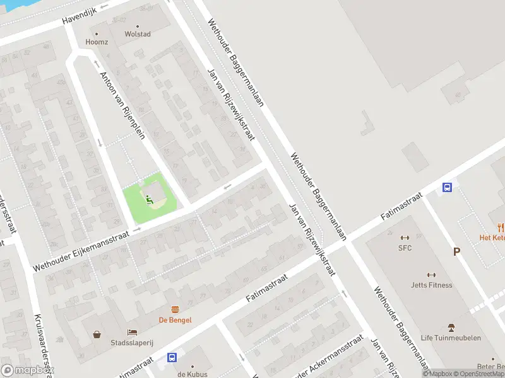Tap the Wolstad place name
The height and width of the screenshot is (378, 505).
click(138, 34)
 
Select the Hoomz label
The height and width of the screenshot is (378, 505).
click(97, 42)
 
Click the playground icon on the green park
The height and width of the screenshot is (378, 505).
click(150, 200)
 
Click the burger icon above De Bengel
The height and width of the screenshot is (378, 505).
click(175, 309)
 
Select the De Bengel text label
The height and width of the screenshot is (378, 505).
click(175, 320)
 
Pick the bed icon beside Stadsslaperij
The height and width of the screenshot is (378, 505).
click(131, 332)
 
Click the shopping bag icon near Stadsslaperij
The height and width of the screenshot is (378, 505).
click(97, 335)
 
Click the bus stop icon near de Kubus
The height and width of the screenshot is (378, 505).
click(172, 357)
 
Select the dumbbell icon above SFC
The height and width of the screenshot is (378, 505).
click(405, 238)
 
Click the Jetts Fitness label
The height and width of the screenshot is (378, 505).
click(432, 285)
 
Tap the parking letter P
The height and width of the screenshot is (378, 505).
click(456, 252)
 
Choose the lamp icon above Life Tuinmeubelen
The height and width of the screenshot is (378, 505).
click(451, 327)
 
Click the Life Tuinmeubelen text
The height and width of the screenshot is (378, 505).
click(451, 338)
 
